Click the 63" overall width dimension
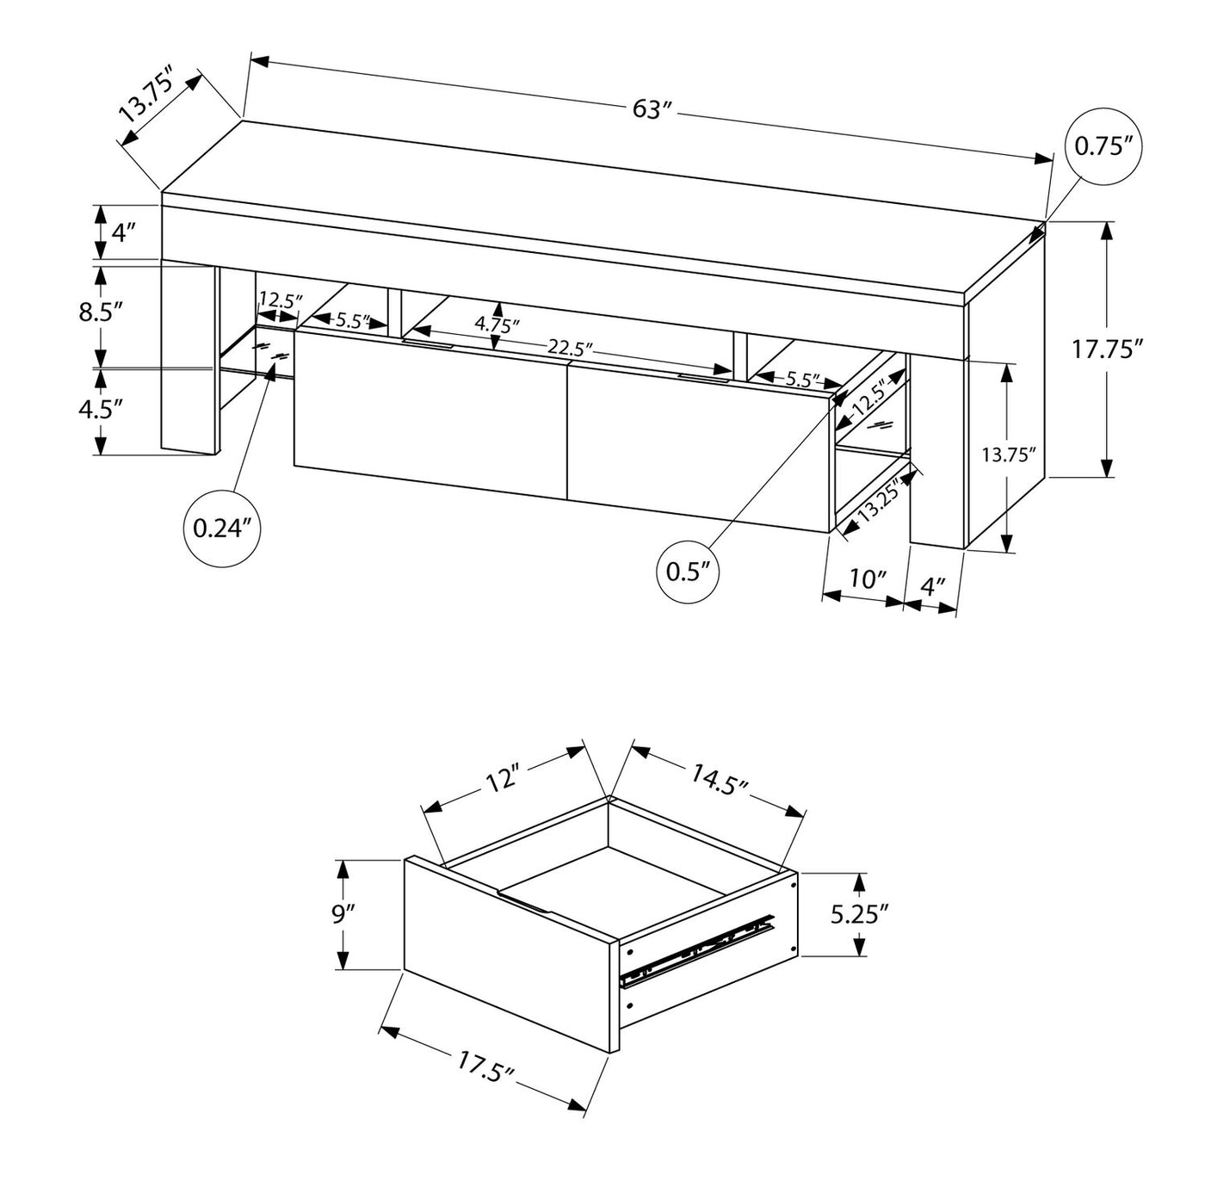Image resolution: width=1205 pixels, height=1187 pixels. [x=651, y=109]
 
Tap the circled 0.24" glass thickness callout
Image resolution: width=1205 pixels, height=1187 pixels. [x=221, y=529]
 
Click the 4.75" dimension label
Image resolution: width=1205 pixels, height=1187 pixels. [x=497, y=325]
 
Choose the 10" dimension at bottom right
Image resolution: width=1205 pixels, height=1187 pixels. [x=868, y=579]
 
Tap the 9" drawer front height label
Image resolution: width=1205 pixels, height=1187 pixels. [x=343, y=914]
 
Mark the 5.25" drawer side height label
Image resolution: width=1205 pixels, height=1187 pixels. [x=859, y=914]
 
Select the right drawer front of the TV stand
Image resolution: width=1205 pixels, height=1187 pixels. [x=697, y=448]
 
